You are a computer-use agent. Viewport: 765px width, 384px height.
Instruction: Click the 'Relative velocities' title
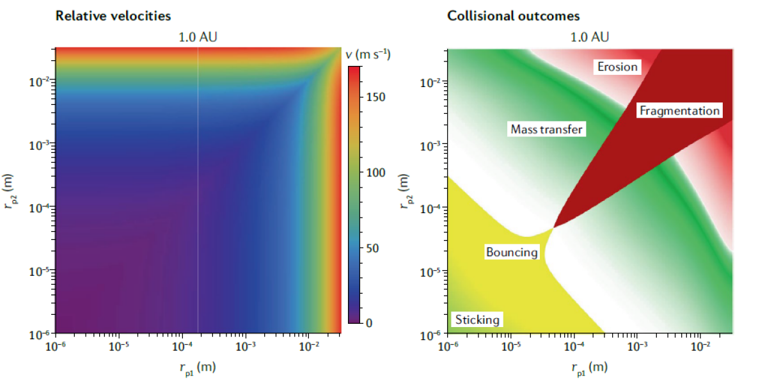113,15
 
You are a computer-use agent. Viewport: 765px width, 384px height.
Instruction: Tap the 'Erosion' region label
617,67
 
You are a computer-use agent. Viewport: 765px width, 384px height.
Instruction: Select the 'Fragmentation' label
679,111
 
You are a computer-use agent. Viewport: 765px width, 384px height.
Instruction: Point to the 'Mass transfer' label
547,129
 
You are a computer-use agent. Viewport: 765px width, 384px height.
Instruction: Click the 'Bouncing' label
512,252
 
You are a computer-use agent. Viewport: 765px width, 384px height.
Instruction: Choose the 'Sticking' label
477,319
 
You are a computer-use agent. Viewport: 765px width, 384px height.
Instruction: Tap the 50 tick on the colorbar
372,248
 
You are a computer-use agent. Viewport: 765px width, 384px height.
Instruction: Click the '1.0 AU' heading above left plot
198,36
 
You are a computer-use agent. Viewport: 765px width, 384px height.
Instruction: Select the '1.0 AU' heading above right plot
590,36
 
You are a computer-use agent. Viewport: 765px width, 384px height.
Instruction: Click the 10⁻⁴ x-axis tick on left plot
182,346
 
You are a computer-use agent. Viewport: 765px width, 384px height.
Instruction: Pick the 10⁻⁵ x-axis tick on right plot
509,346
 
